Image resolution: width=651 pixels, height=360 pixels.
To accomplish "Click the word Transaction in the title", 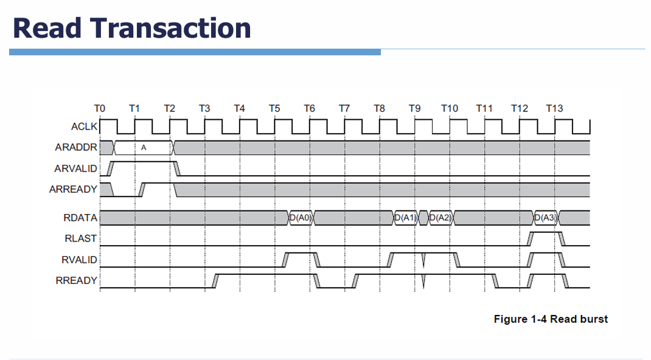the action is [x=170, y=28].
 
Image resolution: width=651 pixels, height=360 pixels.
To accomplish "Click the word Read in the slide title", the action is [x=46, y=28].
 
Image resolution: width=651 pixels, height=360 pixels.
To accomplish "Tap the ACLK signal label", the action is [x=85, y=126].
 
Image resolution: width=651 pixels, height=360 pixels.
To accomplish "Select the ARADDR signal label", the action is [x=76, y=147].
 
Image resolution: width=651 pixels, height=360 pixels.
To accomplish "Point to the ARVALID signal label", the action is [x=75, y=168].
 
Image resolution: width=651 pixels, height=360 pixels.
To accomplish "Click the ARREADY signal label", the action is [x=73, y=189].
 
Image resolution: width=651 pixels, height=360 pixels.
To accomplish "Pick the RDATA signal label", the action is [x=80, y=218].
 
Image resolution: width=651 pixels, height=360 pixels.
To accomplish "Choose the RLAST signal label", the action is [x=80, y=238].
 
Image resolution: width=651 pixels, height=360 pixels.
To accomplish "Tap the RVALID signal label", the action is [x=79, y=260].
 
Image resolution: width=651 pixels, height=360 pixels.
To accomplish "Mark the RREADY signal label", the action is [x=77, y=280].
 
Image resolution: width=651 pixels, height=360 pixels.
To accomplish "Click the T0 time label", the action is [x=100, y=108].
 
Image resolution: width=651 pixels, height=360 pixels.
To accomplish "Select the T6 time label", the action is [x=309, y=108].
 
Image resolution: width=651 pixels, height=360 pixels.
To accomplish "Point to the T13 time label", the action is [x=554, y=108].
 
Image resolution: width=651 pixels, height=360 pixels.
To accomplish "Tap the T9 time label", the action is [x=414, y=108].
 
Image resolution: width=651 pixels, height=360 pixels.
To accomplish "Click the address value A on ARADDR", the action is [x=144, y=148].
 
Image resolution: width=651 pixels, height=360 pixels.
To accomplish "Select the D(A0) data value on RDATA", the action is [x=301, y=218].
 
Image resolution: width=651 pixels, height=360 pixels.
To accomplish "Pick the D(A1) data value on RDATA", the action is [x=406, y=218].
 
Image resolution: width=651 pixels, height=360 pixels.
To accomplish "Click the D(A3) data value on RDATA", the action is [x=546, y=218].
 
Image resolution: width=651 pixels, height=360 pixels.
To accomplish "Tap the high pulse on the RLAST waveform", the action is [x=546, y=233].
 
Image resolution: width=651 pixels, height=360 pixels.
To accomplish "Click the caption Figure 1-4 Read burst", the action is [x=551, y=319].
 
